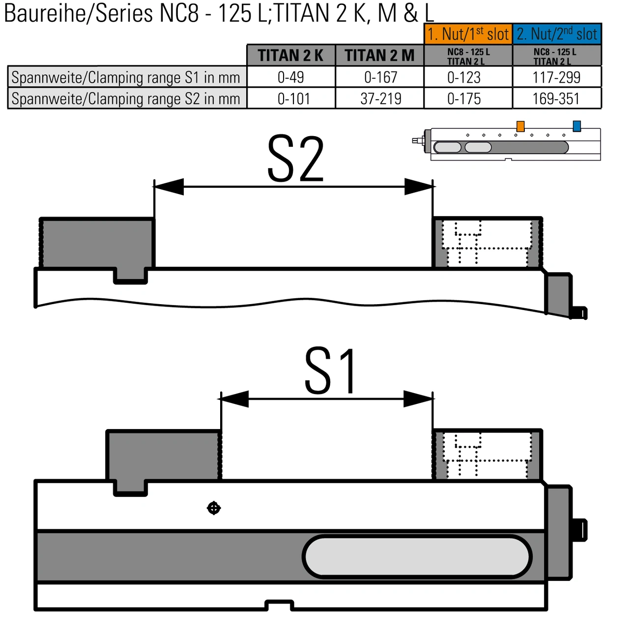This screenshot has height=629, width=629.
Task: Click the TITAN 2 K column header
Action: tap(291, 56)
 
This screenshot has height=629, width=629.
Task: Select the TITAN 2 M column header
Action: tap(379, 56)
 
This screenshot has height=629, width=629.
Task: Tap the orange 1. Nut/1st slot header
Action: tap(468, 34)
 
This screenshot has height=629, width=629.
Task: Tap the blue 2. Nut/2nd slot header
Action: tap(557, 34)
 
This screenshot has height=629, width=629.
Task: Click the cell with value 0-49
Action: tap(291, 77)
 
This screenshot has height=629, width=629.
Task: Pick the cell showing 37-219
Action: tap(380, 99)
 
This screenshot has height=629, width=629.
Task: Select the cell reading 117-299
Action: tap(557, 77)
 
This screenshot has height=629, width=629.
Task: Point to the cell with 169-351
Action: tap(557, 99)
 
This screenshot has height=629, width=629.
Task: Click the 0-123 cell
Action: tap(464, 77)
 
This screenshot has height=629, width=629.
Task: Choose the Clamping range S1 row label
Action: tap(126, 77)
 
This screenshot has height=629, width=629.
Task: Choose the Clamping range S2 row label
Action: tap(126, 99)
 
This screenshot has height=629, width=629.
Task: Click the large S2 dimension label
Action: tap(295, 159)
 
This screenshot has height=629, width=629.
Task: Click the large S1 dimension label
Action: tap(330, 371)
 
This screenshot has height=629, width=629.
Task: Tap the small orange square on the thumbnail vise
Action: tap(520, 126)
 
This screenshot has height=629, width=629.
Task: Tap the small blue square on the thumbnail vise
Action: tap(577, 126)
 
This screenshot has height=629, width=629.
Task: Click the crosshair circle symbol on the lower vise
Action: tap(214, 508)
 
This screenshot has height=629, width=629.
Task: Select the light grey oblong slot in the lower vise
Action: tap(417, 557)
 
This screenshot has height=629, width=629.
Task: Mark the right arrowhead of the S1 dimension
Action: tap(419, 399)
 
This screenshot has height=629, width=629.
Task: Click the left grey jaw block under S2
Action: tap(97, 243)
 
